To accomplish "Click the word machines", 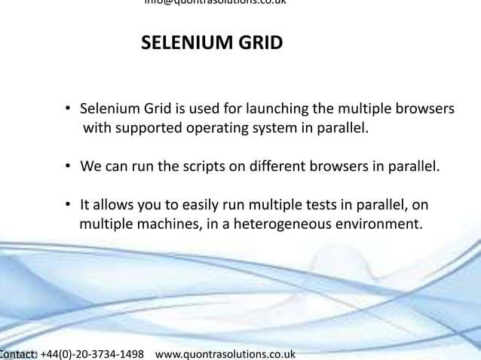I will [x=167, y=224].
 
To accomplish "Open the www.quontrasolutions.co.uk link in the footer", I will [x=225, y=354].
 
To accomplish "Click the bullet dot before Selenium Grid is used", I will [x=68, y=108].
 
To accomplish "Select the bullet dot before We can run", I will [x=68, y=166].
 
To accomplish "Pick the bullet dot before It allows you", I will [x=68, y=205].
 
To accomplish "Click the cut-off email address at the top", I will [x=215, y=2].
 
